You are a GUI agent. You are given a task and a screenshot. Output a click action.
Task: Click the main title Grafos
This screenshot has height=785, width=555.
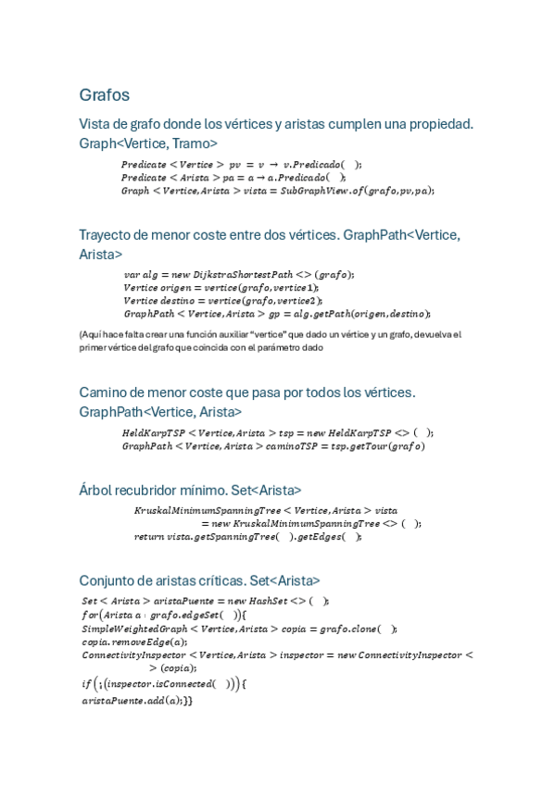pyautogui.click(x=104, y=95)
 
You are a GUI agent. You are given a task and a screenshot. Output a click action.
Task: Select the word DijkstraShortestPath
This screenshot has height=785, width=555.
pyautogui.click(x=243, y=274)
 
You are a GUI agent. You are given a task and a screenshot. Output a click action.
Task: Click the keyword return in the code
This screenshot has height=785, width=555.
pyautogui.click(x=149, y=536)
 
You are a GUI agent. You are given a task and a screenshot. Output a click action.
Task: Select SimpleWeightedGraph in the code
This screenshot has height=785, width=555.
pyautogui.click(x=129, y=629)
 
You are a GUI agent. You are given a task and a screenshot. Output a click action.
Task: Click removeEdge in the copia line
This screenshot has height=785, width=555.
pyautogui.click(x=143, y=642)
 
